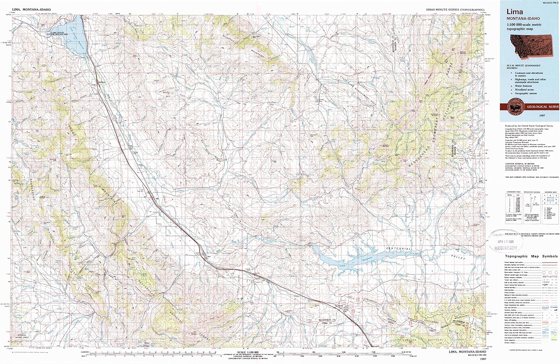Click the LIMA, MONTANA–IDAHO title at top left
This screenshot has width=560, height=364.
[31, 9]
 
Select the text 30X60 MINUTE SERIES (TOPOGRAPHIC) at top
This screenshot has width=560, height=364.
[455, 10]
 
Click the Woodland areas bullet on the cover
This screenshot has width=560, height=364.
[524, 90]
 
